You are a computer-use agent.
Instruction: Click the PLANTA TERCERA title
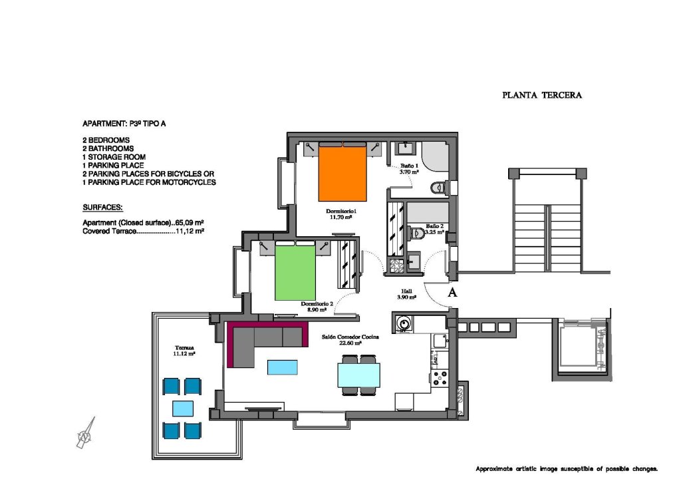click(x=541, y=95)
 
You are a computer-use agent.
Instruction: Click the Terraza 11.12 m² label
click(x=184, y=351)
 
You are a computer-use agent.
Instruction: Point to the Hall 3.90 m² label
click(x=406, y=294)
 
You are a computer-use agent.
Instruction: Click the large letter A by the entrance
click(x=453, y=291)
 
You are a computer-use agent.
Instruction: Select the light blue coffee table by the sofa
click(x=283, y=367)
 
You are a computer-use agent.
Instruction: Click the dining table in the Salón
click(x=358, y=375)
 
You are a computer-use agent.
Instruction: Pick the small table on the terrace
click(x=183, y=408)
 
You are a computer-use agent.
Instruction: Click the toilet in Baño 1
click(x=437, y=188)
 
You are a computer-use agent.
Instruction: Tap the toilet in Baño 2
click(x=417, y=234)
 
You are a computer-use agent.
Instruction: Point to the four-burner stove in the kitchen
click(x=440, y=379)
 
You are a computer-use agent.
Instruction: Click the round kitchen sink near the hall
click(x=404, y=324)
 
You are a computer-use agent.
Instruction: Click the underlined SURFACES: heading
click(x=102, y=207)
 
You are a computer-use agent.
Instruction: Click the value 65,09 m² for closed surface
click(x=188, y=223)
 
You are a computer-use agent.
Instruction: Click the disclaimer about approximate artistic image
click(x=566, y=469)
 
